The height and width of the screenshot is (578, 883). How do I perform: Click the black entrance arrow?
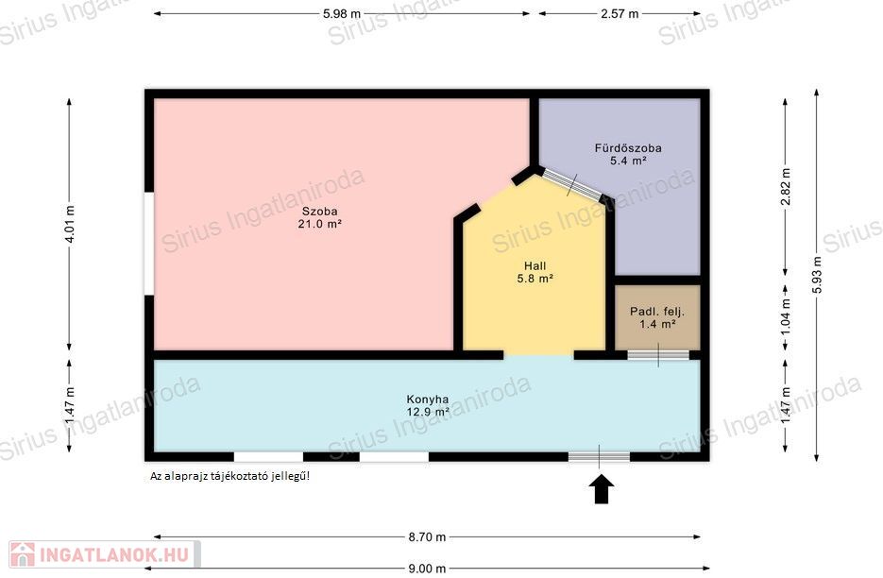pos(602,488)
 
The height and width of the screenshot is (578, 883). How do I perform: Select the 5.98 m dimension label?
pos(342,13)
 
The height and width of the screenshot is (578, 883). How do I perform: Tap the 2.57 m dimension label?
pos(620,13)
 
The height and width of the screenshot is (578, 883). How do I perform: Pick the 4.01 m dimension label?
pos(69,224)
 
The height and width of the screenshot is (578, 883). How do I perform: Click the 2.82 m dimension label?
pos(786,187)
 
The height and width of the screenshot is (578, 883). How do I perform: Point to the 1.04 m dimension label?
pos(786,316)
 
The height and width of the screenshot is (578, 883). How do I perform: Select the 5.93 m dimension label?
pos(817,274)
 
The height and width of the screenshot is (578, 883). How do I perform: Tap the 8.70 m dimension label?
pos(427,536)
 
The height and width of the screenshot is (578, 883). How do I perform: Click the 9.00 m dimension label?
pos(427,569)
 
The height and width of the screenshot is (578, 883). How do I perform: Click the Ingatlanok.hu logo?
pos(104,554)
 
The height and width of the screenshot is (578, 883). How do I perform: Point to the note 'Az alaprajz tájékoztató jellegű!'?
pos(229,476)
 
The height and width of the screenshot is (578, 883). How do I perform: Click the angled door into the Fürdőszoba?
pos(571,183)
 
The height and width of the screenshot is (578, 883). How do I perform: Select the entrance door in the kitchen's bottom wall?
pos(599,456)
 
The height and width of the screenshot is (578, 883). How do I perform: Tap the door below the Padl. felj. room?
pos(658,355)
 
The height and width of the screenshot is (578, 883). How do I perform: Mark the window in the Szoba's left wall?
pos(149,244)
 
